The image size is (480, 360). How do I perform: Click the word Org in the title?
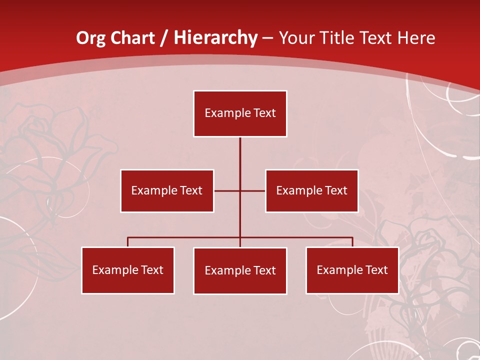90,38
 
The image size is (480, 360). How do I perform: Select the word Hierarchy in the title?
215,38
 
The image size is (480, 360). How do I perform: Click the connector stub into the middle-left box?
227,191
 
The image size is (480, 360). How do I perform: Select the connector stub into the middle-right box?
253,191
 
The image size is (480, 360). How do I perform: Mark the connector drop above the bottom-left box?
128,242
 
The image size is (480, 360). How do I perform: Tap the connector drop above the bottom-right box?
352,242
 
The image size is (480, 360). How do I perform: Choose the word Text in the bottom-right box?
376,270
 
